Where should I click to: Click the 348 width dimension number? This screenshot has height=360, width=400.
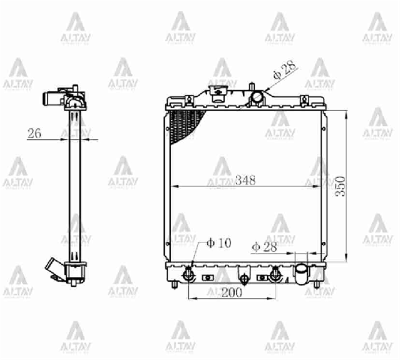[245, 181]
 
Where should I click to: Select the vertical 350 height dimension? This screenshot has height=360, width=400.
[340, 186]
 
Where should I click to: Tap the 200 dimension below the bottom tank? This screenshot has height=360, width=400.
[232, 293]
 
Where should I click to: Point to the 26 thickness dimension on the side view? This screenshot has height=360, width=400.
[34, 134]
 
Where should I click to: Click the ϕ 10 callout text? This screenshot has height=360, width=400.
[219, 243]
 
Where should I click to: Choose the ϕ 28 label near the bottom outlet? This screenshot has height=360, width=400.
[264, 248]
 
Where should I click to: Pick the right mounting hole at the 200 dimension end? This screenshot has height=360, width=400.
[275, 274]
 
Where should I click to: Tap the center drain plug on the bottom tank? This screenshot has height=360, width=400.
[243, 277]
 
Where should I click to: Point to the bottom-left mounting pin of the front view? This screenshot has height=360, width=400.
[174, 285]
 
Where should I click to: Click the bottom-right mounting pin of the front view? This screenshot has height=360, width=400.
[316, 285]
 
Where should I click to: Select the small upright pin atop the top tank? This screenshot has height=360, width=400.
[251, 86]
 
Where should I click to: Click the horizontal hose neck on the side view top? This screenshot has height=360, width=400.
[51, 98]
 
